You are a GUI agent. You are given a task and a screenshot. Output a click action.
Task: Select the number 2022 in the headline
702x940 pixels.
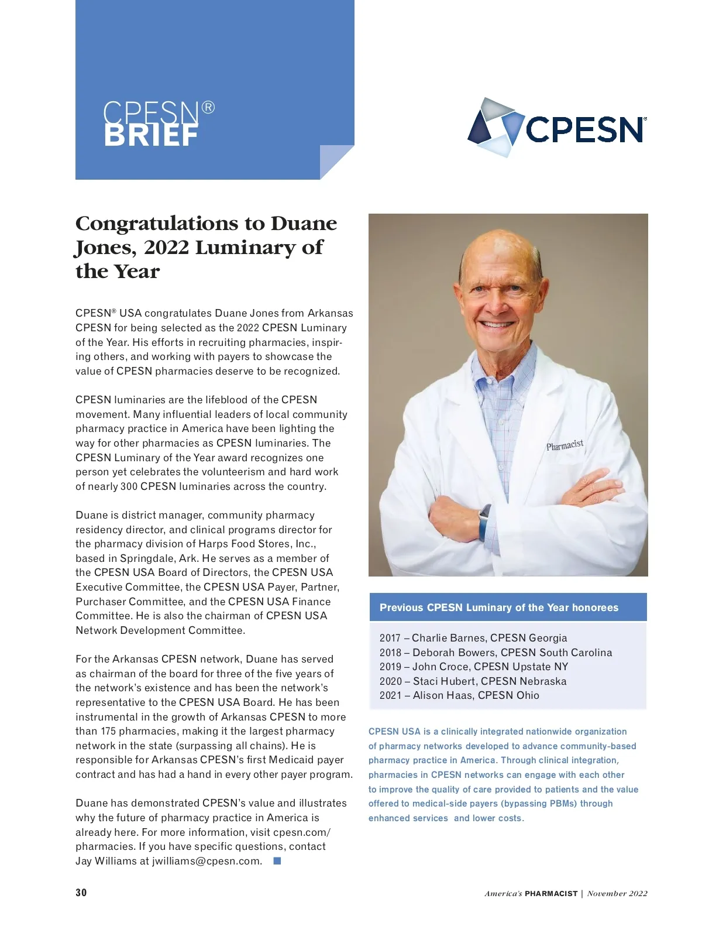(166, 248)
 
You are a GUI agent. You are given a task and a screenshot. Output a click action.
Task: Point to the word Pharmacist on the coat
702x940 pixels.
(565, 445)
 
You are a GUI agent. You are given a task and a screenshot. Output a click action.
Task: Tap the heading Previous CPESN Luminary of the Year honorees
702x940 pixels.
(498, 608)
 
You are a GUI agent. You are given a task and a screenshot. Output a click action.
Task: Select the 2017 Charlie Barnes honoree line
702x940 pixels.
(473, 638)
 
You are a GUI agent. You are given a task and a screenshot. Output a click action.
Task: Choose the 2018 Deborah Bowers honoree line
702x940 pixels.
(495, 653)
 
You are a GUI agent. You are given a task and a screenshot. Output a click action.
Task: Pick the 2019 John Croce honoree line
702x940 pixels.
(473, 667)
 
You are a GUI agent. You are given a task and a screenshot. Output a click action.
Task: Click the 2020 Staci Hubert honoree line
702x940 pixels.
(473, 681)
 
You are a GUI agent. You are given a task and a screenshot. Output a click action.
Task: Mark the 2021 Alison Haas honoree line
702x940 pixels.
(459, 695)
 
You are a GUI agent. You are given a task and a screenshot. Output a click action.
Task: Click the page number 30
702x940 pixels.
(81, 893)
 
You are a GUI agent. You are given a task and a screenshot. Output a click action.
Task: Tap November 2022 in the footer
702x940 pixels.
(617, 894)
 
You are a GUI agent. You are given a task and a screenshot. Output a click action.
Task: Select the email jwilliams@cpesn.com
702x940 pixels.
(207, 861)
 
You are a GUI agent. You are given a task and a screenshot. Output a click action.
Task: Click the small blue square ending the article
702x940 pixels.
(277, 861)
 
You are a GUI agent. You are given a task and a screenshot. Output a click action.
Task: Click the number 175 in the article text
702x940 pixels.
(108, 731)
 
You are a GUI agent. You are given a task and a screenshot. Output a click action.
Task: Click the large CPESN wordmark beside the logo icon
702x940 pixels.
(584, 129)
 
